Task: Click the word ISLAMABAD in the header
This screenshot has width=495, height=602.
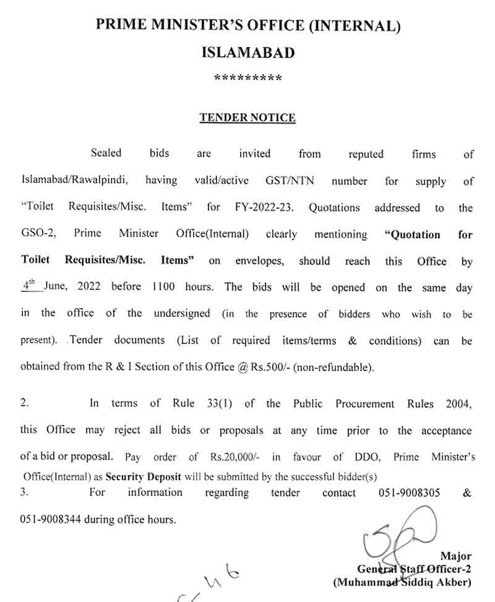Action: [x=248, y=53]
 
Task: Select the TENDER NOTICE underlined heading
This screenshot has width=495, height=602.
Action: [x=247, y=118]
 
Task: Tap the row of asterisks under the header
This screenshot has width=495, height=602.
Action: [x=247, y=79]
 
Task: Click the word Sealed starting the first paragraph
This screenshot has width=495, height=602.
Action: [x=106, y=153]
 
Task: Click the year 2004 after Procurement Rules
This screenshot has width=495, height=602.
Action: [x=458, y=403]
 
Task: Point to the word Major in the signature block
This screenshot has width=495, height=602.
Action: [x=456, y=556]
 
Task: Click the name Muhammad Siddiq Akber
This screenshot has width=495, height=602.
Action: [x=402, y=582]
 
